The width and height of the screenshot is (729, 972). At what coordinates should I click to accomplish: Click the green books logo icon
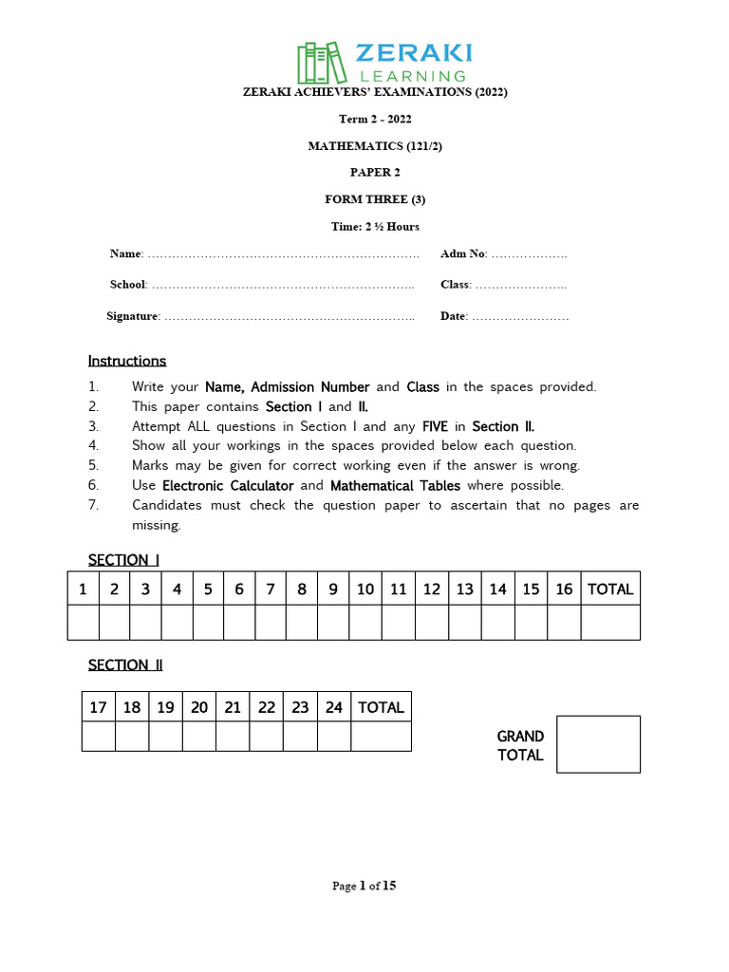(x=319, y=63)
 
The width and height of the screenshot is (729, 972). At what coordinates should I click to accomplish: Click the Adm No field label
(x=462, y=253)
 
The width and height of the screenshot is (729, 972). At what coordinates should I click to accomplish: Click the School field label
(x=128, y=285)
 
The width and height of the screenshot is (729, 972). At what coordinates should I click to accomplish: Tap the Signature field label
(x=133, y=316)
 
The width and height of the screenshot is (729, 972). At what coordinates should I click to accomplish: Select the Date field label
(x=453, y=316)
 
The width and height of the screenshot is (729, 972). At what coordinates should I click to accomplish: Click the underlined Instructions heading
(x=127, y=361)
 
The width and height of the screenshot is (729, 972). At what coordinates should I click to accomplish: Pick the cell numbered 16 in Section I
(x=564, y=589)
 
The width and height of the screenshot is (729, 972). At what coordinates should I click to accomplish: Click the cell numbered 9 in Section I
(x=333, y=589)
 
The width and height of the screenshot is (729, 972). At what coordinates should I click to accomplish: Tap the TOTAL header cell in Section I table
(x=610, y=589)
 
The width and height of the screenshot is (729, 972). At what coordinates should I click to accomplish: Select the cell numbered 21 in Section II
(x=233, y=707)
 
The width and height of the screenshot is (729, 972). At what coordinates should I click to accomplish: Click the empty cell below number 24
(x=333, y=736)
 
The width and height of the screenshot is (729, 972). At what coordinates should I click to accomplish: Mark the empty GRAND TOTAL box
(x=598, y=744)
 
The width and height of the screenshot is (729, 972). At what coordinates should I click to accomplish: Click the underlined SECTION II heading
(x=125, y=664)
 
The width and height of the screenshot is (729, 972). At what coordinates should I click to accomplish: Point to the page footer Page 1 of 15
(x=364, y=886)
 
